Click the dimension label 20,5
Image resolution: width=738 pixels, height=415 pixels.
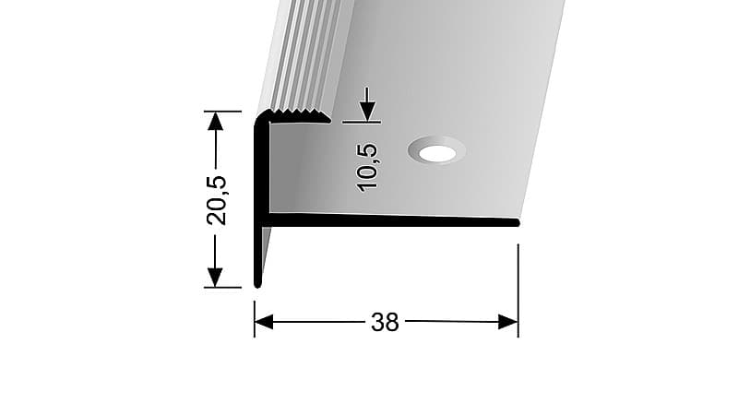click(x=217, y=200)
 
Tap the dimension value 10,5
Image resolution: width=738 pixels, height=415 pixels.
click(x=367, y=167)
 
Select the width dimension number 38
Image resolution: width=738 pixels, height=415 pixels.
click(x=385, y=322)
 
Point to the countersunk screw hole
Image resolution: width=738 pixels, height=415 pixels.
click(x=437, y=151)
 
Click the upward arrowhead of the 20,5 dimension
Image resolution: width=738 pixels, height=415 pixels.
click(x=216, y=121)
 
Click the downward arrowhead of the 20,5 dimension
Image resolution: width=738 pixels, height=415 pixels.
click(x=215, y=278)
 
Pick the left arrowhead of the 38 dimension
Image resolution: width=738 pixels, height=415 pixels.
click(x=264, y=322)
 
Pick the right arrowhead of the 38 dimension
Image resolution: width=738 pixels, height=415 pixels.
click(x=508, y=322)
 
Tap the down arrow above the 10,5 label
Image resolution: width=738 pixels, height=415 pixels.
click(x=367, y=104)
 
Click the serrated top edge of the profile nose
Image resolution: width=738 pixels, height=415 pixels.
click(x=296, y=113)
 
